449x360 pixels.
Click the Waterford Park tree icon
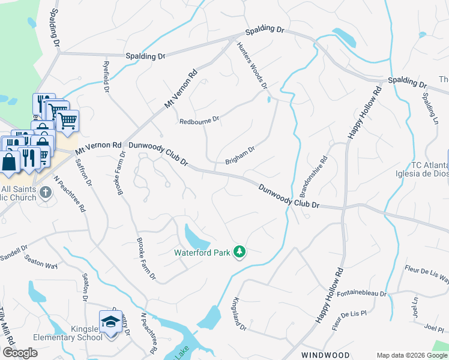[240, 251]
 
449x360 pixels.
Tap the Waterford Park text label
[202, 253]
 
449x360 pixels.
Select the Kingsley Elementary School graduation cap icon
[110, 322]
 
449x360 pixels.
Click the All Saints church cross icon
[47, 192]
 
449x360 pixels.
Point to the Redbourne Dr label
[199, 121]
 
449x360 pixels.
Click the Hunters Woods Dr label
[252, 66]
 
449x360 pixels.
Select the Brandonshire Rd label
[313, 177]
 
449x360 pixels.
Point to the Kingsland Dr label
[240, 314]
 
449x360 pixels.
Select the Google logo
[20, 353]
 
